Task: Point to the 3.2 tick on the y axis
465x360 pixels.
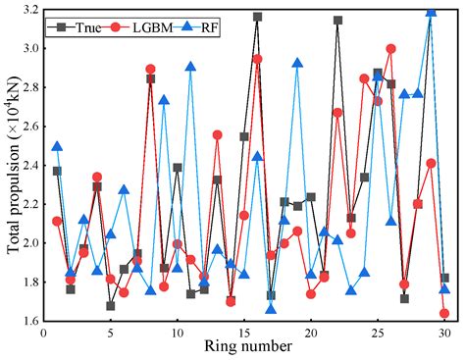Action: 26,10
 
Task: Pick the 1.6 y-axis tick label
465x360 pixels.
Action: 26,320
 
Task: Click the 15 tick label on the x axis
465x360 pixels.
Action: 244,334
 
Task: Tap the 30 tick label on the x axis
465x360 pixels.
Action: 444,334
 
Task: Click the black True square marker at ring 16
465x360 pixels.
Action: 257,17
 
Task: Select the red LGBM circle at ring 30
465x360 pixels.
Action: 444,313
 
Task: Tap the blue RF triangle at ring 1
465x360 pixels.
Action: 57,146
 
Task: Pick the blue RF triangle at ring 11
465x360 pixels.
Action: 190,67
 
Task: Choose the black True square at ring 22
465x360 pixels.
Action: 337,20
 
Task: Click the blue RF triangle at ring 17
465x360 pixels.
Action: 271,309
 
